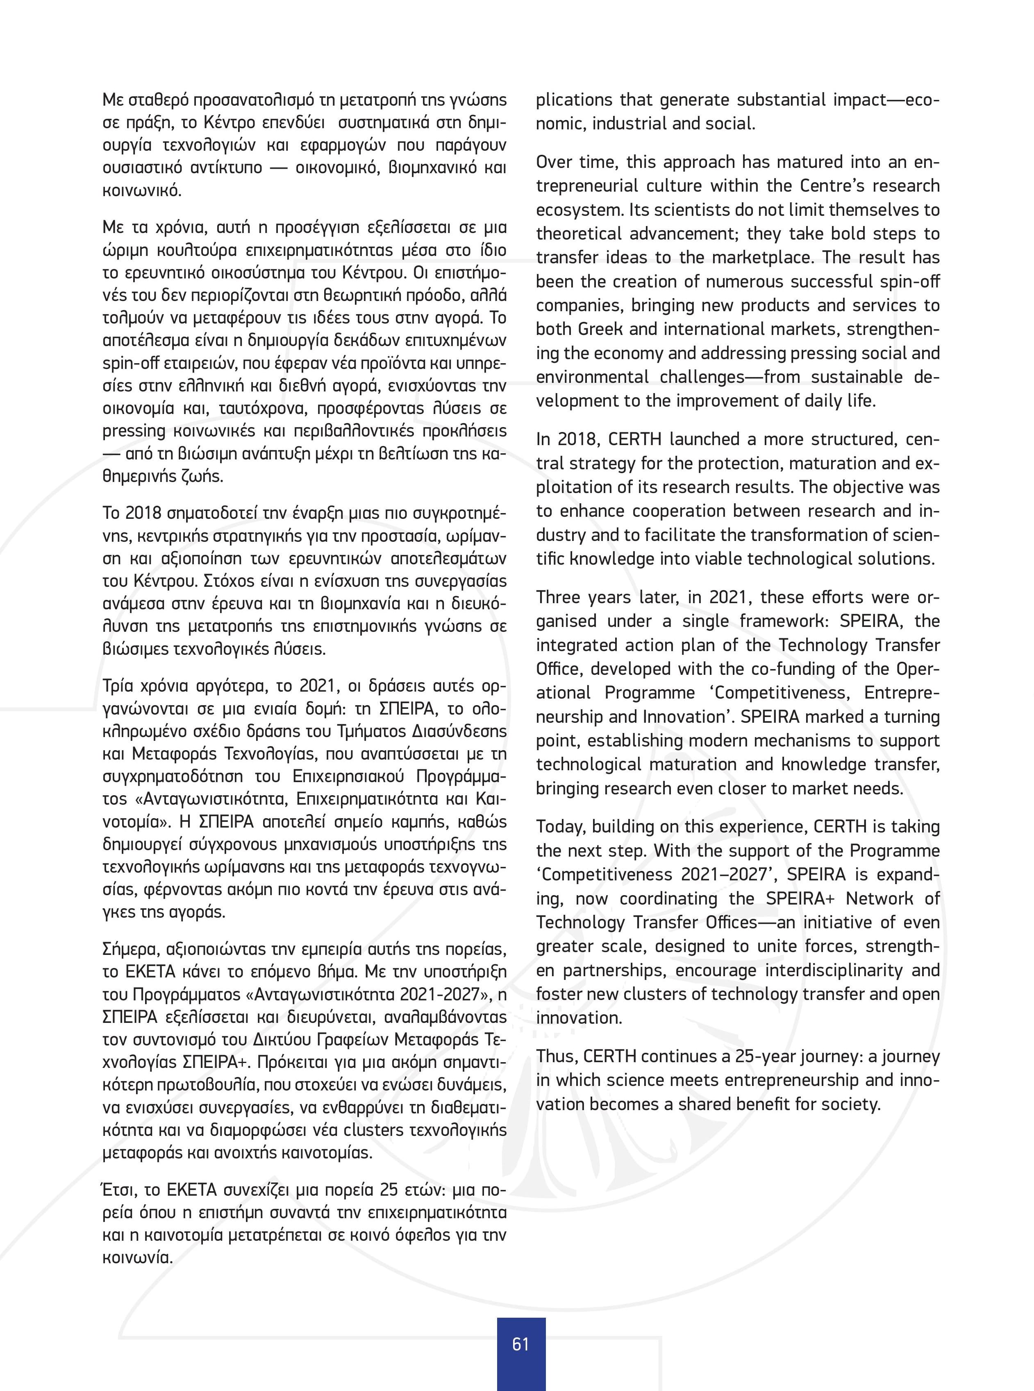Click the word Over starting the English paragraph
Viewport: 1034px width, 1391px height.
[x=556, y=162]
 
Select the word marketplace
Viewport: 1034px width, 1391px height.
[x=770, y=257]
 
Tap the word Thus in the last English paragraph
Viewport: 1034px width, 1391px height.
[x=557, y=1056]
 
